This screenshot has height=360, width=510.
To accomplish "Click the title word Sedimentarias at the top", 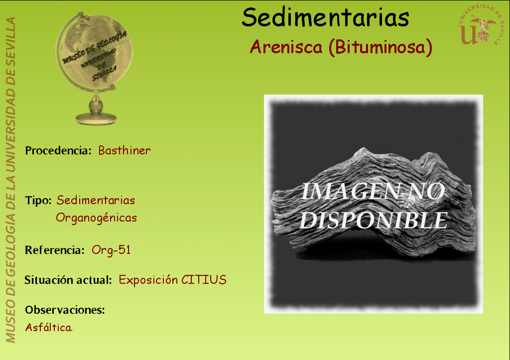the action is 325,17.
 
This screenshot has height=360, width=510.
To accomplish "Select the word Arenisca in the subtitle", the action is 286,47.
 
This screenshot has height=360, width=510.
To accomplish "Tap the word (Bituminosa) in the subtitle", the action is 380,47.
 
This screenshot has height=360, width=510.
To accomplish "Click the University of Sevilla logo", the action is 481,25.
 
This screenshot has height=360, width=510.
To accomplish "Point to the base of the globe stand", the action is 96,119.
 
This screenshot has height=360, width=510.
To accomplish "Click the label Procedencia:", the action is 58,150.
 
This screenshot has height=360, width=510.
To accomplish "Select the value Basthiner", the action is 124,150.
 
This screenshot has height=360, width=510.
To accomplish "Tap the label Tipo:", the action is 38,201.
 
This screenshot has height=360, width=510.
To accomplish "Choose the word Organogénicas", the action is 96,218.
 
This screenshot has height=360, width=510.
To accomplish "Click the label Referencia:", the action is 55,250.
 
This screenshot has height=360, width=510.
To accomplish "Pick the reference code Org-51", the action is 111,250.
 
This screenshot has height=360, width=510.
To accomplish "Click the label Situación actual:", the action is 68,280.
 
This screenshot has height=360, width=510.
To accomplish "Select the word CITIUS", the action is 204,280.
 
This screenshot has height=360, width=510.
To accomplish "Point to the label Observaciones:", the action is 65,310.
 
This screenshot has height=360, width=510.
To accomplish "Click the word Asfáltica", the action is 49,327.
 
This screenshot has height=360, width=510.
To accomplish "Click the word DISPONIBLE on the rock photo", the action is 374,221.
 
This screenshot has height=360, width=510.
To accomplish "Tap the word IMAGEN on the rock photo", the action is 350,191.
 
